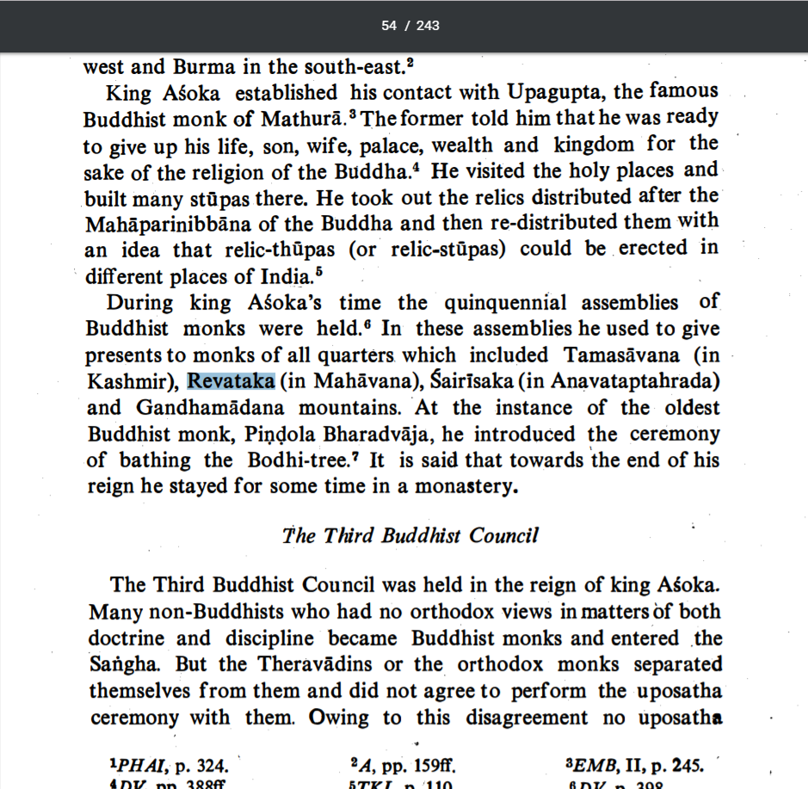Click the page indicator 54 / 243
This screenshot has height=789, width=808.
click(x=410, y=26)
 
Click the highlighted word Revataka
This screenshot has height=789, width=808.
click(x=231, y=381)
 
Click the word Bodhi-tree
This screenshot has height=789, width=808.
click(x=310, y=459)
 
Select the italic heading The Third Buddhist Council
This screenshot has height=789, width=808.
click(x=410, y=536)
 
